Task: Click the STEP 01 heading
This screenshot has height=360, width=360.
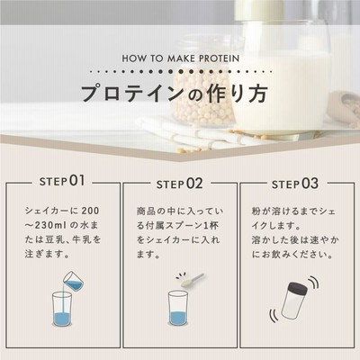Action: coord(62,181)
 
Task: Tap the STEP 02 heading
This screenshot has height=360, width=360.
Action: coord(179,184)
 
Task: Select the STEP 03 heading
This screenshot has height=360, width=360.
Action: coord(295,184)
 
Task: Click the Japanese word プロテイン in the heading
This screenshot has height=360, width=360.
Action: coord(131,94)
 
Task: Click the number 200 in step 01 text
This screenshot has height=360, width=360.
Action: coord(90,211)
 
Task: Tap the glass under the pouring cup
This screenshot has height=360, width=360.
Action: coord(62,309)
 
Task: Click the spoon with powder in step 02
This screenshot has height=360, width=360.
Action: coord(190,280)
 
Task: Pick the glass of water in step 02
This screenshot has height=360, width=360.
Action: coord(178,309)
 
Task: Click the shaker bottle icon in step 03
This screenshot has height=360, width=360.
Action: coord(295,301)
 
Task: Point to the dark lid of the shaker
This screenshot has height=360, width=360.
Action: coord(298,288)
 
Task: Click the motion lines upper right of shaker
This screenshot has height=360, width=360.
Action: coord(314,282)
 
